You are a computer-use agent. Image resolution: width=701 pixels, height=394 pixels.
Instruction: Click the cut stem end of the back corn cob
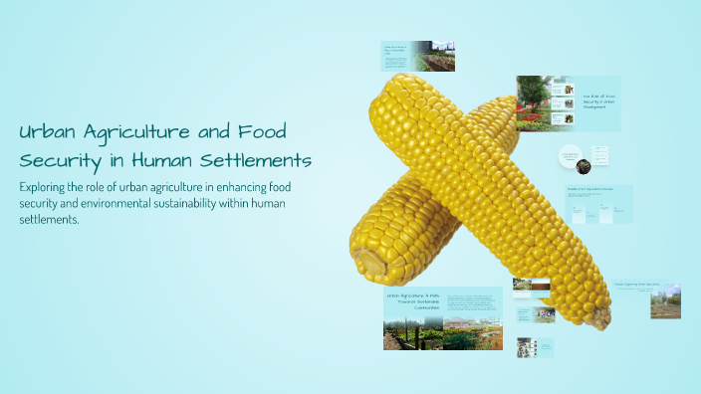370,264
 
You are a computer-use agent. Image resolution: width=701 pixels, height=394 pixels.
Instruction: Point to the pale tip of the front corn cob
599,318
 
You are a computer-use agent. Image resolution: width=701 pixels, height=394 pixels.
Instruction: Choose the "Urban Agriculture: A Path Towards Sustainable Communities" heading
412,300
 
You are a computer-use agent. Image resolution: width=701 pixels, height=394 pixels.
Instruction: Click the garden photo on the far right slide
665,302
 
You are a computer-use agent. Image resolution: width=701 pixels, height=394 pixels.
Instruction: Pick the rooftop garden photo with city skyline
434,57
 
